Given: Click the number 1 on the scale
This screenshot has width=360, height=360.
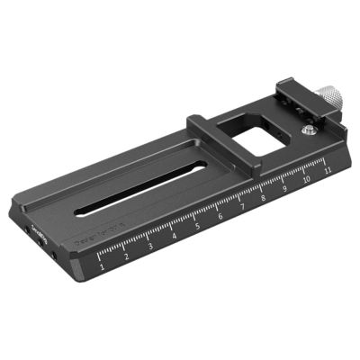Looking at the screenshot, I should pos(104,267).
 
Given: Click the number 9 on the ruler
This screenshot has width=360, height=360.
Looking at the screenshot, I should pos(285,188).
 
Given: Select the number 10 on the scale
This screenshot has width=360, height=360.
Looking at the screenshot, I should pos(307,179).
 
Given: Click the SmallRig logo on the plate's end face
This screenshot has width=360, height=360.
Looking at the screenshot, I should pos(37,238).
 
